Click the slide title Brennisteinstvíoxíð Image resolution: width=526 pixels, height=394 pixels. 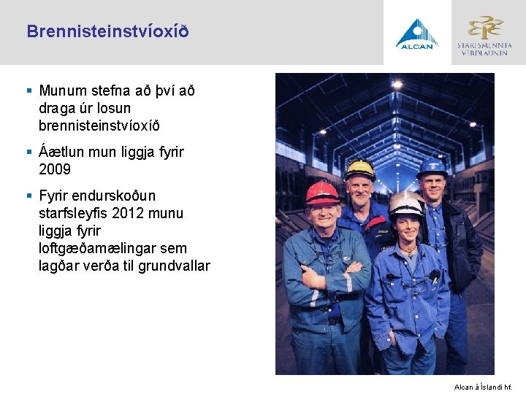(x=107, y=32)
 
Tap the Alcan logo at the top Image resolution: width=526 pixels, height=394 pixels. (x=416, y=34)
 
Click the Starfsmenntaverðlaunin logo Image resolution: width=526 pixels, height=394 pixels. (x=485, y=34)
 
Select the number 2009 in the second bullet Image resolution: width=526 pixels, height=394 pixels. (x=55, y=170)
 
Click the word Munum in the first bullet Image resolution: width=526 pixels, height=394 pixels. (x=61, y=91)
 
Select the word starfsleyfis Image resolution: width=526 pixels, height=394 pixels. (x=74, y=214)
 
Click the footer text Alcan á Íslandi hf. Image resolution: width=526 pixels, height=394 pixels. (x=484, y=386)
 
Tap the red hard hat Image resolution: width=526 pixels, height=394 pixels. (x=321, y=193)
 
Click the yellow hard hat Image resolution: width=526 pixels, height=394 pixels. (x=359, y=169)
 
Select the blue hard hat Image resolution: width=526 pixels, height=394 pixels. (x=432, y=167)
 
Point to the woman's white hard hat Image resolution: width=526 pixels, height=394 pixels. (x=406, y=204)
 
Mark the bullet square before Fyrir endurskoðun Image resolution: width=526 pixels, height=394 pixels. (x=29, y=196)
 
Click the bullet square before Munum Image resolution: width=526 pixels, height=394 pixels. (x=29, y=91)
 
